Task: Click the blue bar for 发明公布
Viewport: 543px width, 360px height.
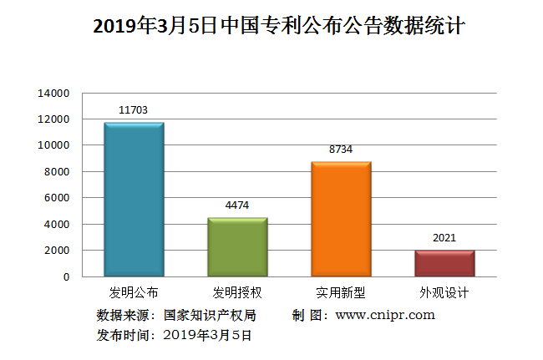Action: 134,200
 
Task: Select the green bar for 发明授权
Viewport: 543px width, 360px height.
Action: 237,247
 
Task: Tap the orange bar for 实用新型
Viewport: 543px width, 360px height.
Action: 341,219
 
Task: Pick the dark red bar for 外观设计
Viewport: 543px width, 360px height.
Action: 444,263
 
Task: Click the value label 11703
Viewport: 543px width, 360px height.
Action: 134,109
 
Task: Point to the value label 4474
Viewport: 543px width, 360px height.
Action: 237,205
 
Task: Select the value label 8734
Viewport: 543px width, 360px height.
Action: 341,149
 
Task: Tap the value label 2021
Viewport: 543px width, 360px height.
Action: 444,237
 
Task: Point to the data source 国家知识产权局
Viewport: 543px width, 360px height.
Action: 210,316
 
